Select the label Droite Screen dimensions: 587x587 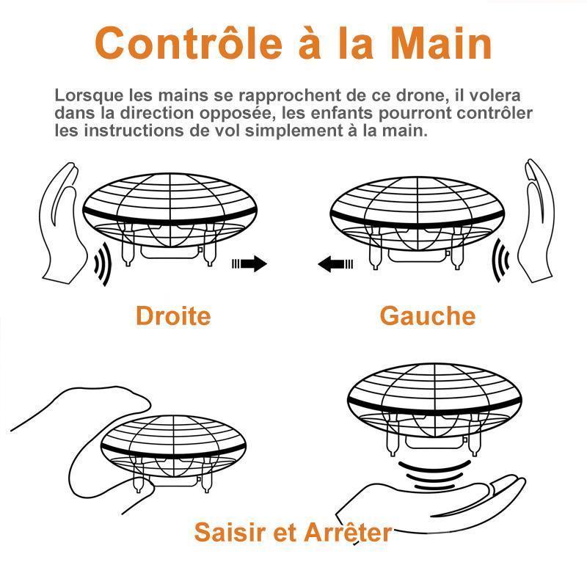(x=173, y=316)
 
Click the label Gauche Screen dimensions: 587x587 (x=427, y=316)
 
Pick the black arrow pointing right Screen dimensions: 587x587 (x=250, y=264)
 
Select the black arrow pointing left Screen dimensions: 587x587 (x=335, y=263)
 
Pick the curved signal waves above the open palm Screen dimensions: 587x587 (x=433, y=474)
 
